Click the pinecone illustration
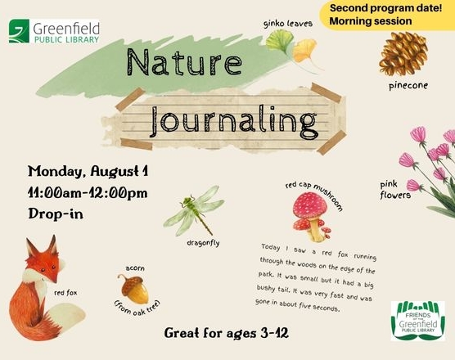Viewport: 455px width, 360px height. click(403, 54)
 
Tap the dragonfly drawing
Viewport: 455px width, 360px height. click(194, 210)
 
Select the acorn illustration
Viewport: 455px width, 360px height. click(133, 289)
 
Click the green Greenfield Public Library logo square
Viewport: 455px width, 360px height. click(19, 31)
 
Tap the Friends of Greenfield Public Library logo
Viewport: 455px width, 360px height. click(418, 321)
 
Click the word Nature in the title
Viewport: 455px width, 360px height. click(184, 62)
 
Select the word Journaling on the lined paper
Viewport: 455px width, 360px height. click(234, 122)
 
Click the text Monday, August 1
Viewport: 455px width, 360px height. click(88, 171)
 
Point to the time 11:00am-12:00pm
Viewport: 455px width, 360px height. click(88, 193)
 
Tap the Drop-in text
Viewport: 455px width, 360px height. click(56, 214)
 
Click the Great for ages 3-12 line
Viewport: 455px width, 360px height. click(227, 333)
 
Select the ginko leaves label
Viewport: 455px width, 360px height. click(288, 24)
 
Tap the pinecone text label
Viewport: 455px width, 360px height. click(408, 86)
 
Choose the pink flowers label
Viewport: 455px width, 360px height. click(395, 191)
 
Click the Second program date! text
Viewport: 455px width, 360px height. click(386, 8)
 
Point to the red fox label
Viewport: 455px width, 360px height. click(65, 293)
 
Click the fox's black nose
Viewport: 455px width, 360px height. click(55, 281)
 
